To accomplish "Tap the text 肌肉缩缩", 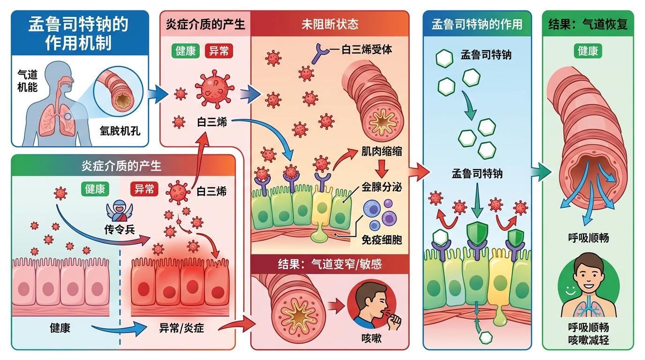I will tap(382, 151).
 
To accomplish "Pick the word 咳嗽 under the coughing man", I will tap(372, 337).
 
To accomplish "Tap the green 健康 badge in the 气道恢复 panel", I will tap(587, 51).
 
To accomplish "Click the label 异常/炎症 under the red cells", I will tap(181, 328).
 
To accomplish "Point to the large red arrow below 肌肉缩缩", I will tap(382, 168).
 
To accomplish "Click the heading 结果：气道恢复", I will tap(588, 24).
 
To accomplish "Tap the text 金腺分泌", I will tap(382, 187).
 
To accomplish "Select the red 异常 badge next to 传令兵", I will tap(144, 189).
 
